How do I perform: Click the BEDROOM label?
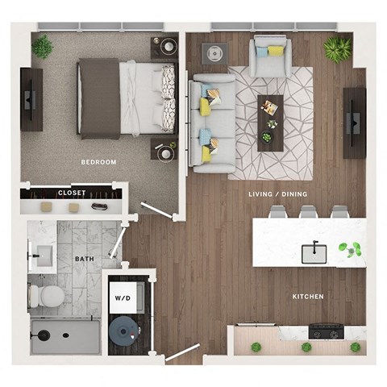98,162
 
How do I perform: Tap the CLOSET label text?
72,193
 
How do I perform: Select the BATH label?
84,259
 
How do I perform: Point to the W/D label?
122,298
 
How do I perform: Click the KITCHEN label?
308,297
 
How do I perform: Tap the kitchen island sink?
314,253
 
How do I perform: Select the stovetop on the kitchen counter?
326,331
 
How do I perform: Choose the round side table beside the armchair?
215,54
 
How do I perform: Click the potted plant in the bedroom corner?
43,47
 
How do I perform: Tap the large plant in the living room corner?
336,50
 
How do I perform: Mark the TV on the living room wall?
354,123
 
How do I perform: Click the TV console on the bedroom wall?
31,99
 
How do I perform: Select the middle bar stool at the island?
308,212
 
